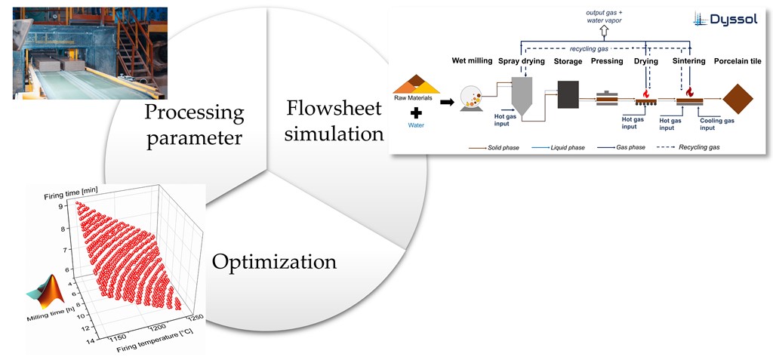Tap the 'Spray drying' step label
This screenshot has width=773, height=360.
[522, 61]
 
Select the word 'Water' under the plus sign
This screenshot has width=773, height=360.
[414, 126]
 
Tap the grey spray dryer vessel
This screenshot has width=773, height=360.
[522, 98]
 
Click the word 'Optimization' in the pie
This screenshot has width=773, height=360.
[273, 262]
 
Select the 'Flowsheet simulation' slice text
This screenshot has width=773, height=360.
[335, 121]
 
